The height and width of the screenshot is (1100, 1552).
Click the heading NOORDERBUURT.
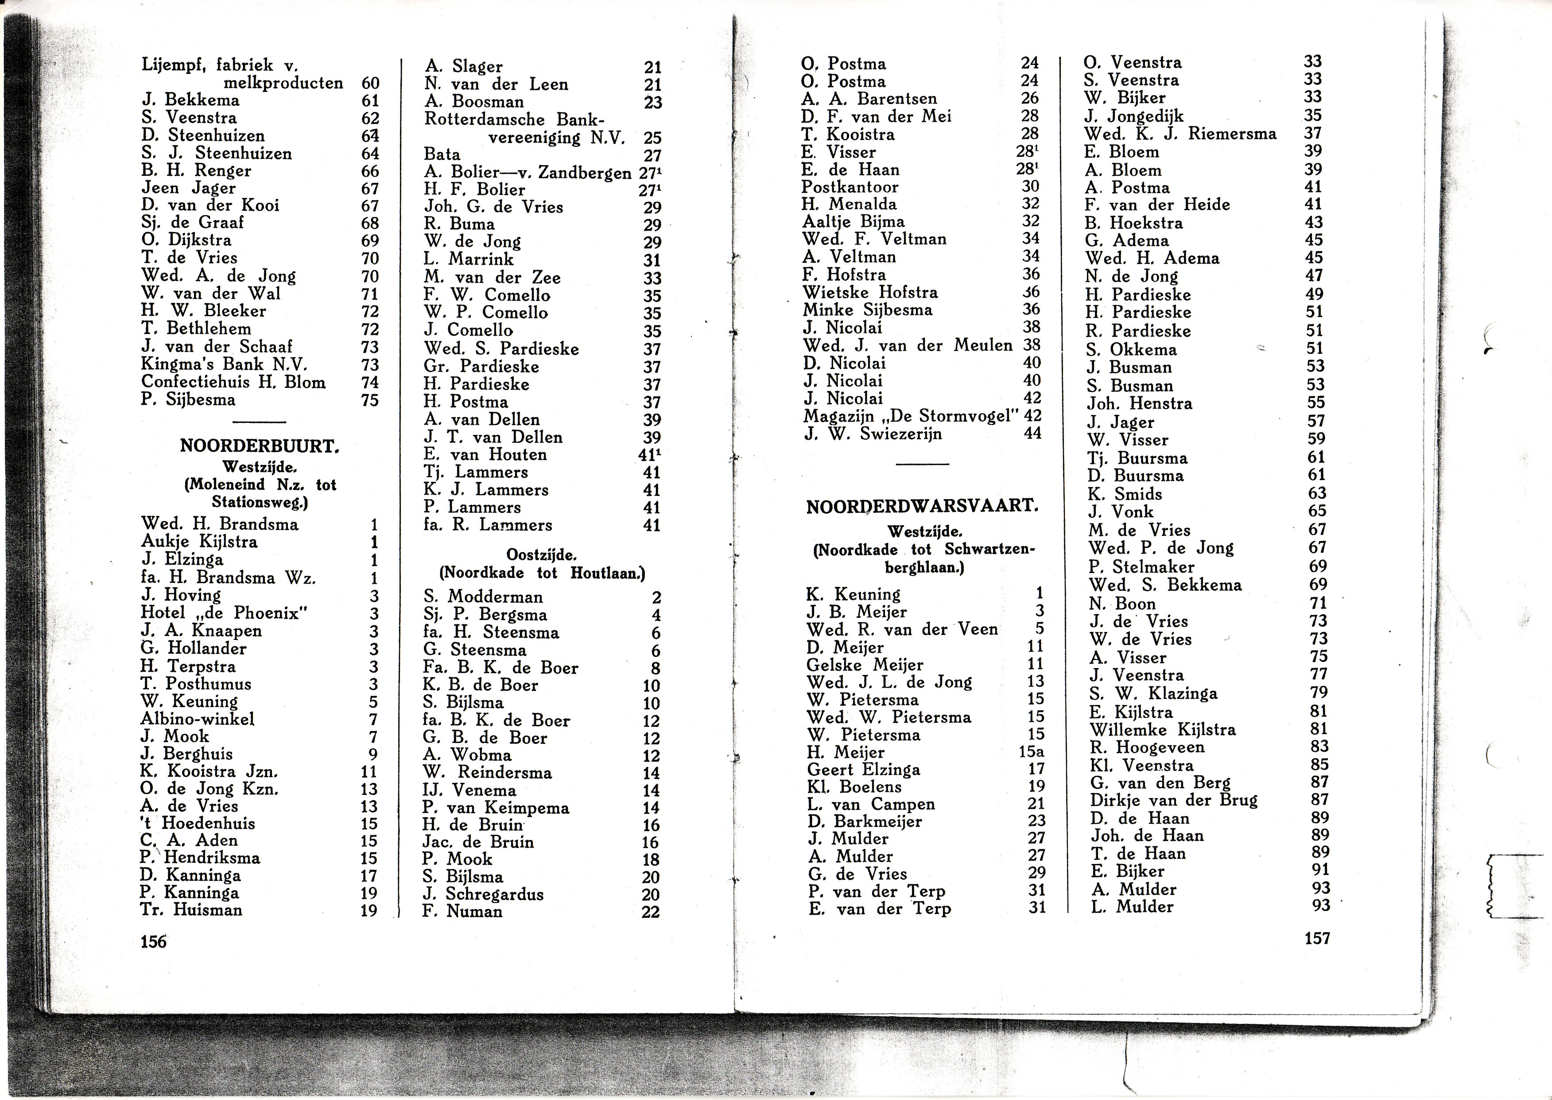click(260, 446)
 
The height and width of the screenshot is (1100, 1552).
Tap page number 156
click(153, 941)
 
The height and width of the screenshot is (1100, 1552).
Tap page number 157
click(1317, 938)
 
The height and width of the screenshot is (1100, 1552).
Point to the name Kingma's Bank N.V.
click(224, 364)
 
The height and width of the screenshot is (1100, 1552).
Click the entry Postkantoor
click(850, 187)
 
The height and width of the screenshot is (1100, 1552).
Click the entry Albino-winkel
click(197, 719)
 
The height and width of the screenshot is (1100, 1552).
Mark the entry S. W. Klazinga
click(1153, 693)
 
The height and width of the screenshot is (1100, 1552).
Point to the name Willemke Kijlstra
click(1163, 729)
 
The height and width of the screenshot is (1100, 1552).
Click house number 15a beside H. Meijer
click(1031, 752)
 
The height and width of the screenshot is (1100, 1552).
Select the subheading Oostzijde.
click(541, 555)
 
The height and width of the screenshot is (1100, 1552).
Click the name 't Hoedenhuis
click(198, 824)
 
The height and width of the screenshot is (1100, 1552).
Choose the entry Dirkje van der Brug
click(1173, 800)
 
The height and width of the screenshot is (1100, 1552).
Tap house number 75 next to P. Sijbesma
click(370, 400)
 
